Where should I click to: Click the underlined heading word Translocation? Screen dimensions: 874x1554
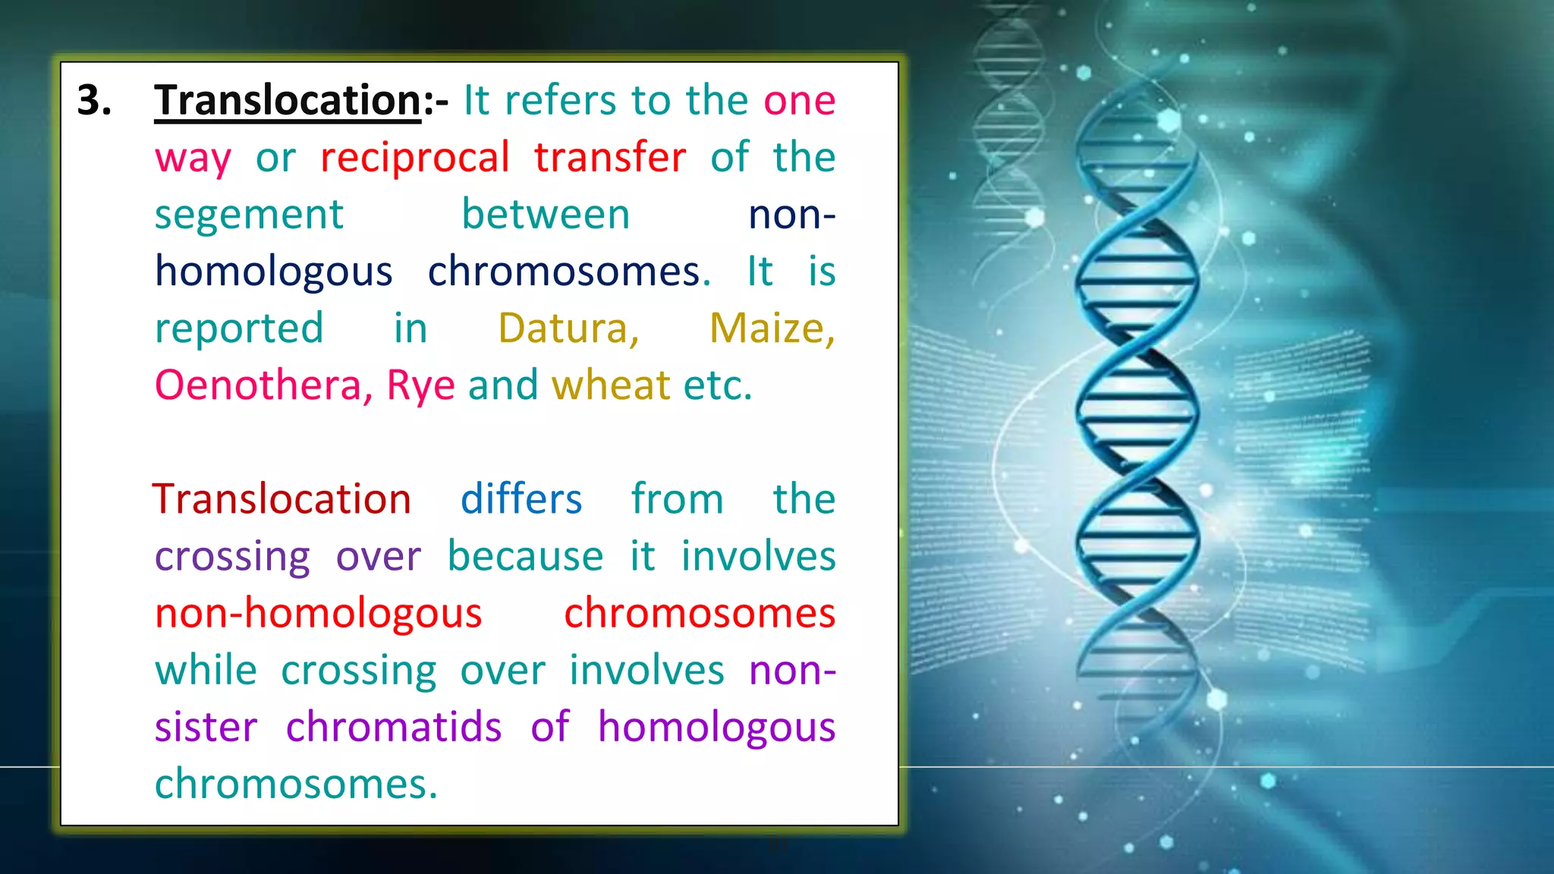click(x=287, y=101)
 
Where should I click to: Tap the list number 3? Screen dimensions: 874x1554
click(x=95, y=101)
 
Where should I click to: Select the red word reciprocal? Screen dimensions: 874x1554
click(x=414, y=158)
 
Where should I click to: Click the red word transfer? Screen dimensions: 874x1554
click(x=609, y=158)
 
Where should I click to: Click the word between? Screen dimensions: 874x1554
click(x=546, y=215)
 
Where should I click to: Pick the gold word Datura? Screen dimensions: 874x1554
click(x=568, y=329)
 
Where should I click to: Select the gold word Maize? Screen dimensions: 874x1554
click(x=772, y=329)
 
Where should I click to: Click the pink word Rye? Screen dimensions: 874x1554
click(x=420, y=387)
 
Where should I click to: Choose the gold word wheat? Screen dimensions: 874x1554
click(x=611, y=385)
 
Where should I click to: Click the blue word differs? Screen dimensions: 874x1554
click(x=521, y=500)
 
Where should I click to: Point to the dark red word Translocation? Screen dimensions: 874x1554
click(x=282, y=500)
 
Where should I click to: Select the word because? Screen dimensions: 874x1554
click(x=525, y=557)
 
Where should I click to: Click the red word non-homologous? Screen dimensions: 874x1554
click(x=318, y=614)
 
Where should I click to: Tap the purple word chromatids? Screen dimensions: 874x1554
click(x=394, y=728)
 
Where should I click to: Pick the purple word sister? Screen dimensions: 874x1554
click(x=206, y=728)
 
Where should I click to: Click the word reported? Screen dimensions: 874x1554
click(x=239, y=329)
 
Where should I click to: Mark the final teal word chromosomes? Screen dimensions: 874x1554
click(x=296, y=784)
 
